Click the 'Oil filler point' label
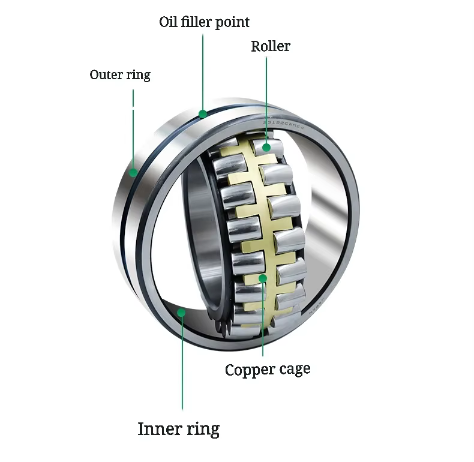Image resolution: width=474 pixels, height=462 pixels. [204, 22]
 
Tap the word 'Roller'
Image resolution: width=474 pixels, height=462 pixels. [270, 46]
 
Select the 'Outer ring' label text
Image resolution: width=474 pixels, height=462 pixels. [120, 75]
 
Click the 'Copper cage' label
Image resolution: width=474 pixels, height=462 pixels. [268, 370]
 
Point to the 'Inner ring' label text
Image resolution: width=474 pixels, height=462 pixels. [178, 429]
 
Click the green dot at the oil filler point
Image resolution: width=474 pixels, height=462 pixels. [203, 113]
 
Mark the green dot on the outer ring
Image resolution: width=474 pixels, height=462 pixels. [133, 173]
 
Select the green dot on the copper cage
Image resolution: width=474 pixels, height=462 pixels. [262, 278]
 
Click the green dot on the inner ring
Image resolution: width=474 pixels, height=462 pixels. [182, 311]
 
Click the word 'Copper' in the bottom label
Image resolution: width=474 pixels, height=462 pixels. [247, 370]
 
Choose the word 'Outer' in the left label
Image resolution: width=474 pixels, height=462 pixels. [106, 75]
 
